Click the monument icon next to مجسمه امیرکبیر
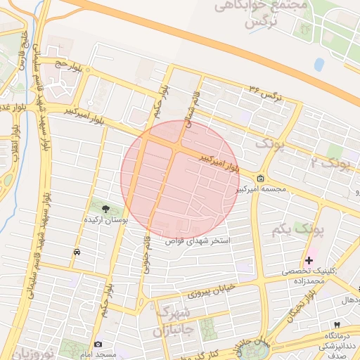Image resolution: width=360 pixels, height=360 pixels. coord(261,179)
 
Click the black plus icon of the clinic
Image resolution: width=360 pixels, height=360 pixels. coord(309,260)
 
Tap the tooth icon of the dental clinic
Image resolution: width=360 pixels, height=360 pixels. coord(337,325)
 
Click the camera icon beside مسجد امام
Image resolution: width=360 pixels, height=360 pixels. coord(98,344)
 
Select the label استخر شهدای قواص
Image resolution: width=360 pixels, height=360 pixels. coord(198,240)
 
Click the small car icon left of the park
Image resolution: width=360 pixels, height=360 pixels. coord(77,251)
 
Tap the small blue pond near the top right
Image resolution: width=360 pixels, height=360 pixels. coord(319,64)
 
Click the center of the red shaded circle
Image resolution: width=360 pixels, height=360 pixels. coord(180,179)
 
